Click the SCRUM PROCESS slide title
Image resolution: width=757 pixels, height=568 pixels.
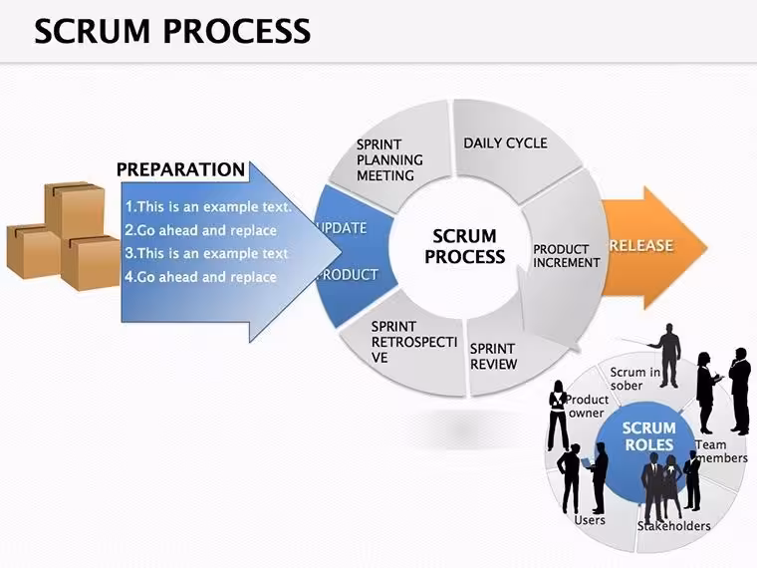172,31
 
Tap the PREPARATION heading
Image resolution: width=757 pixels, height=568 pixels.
180,169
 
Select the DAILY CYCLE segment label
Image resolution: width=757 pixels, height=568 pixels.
505,142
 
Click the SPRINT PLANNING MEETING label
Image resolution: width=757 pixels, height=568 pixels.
389,159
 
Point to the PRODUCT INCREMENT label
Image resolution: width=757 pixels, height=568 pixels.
567,256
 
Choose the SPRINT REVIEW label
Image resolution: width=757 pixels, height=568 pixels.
493,356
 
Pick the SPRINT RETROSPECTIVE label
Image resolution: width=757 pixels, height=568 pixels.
413,342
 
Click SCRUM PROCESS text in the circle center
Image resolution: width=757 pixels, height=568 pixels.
464,246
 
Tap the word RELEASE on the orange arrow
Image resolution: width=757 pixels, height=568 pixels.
640,245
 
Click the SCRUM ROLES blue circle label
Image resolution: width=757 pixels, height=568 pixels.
648,436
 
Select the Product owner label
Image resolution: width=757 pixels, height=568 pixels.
587,407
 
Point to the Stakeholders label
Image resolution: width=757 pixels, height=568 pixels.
674,526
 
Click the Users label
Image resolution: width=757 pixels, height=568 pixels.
590,520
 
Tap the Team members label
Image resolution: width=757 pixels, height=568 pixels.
722,451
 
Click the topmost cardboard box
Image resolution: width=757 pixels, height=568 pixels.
75,208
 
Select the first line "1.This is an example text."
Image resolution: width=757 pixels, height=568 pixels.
208,206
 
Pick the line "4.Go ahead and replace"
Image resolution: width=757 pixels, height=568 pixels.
201,277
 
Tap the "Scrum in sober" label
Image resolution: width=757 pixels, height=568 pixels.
634,379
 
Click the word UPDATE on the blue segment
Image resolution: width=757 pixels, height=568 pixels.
342,228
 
